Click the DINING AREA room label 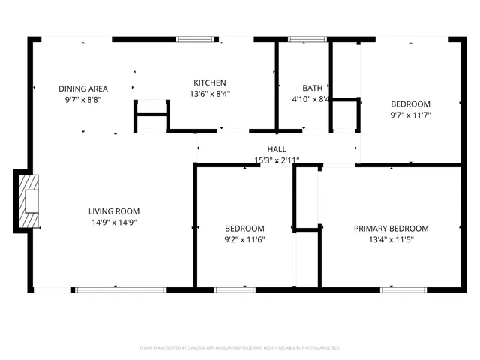point(82,88)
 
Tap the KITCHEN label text point(210,82)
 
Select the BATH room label point(312,88)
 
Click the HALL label point(277,150)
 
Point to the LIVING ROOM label point(114,211)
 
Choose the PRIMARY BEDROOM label point(391,229)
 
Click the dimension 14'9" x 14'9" point(114,222)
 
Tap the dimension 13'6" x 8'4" point(210,94)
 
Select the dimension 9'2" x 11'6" point(245,239)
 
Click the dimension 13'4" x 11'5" point(391,239)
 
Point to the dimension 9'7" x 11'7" point(410,115)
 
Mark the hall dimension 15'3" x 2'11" point(277,160)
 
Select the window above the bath point(303,38)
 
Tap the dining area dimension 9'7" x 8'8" point(82,99)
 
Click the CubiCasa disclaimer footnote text point(240,348)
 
